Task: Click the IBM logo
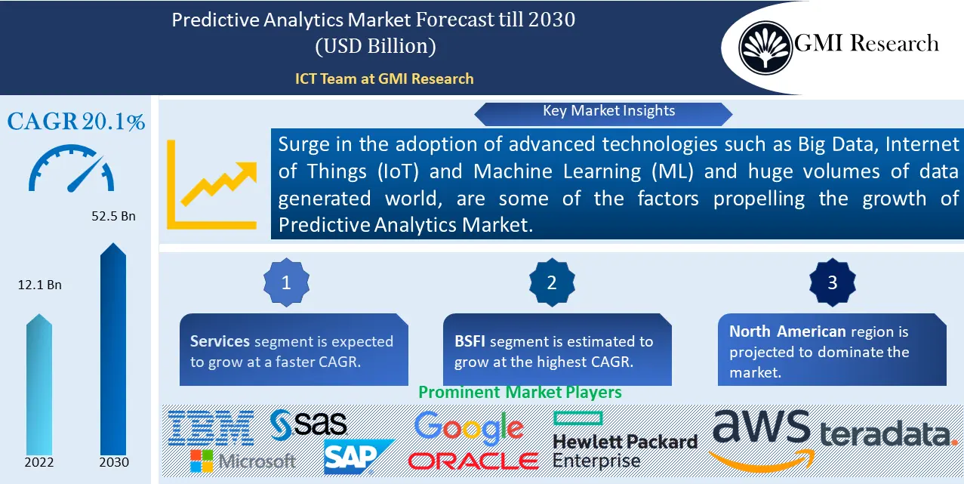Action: (211, 427)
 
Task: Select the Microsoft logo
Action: (242, 460)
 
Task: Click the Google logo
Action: (468, 429)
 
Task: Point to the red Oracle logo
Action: (473, 461)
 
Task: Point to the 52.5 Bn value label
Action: (112, 216)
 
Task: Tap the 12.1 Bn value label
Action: (39, 285)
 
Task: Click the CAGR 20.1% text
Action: (76, 122)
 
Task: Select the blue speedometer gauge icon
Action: (72, 170)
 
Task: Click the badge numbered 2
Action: (551, 283)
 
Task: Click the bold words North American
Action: (787, 331)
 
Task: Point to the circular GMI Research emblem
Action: (765, 46)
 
